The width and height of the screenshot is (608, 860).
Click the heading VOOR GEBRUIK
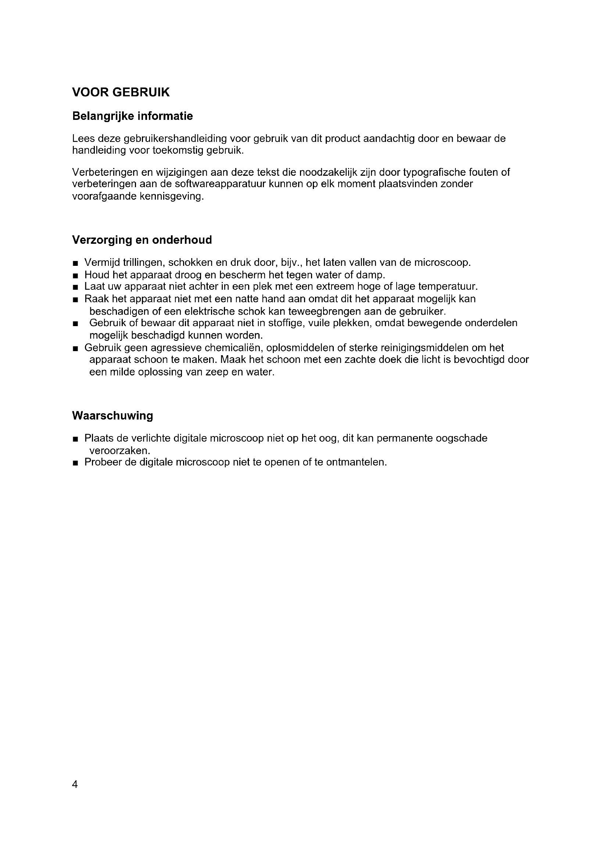[121, 92]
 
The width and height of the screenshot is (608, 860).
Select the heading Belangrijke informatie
[132, 116]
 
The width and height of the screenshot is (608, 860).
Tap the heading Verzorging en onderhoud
[142, 240]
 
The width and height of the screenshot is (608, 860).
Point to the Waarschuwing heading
[112, 415]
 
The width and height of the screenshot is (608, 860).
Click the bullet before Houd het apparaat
[76, 276]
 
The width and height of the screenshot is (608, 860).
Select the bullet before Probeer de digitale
[76, 463]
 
